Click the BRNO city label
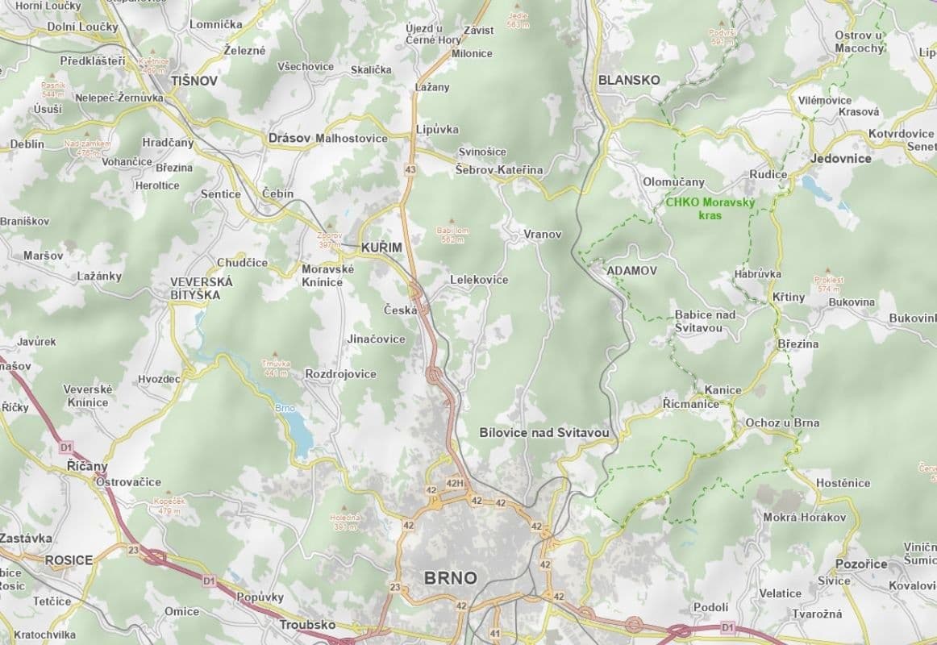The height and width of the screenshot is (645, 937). [x=450, y=577]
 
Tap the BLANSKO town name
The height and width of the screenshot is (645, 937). [x=628, y=80]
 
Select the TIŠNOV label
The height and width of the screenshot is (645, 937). [x=194, y=81]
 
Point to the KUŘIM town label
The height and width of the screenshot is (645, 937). [x=381, y=247]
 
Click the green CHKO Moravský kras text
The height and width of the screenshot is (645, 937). [x=710, y=209]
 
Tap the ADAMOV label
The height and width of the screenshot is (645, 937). [x=631, y=270]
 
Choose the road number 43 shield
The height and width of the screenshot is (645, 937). [x=410, y=169]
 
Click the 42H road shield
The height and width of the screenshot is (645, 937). [x=456, y=483]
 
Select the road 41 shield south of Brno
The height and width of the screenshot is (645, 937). [x=495, y=633]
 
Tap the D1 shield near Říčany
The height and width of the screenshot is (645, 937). [x=67, y=445]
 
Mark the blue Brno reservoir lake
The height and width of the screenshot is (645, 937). [x=300, y=436]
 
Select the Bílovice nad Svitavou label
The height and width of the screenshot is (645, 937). [x=543, y=433]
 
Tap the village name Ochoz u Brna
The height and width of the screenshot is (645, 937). [x=781, y=422]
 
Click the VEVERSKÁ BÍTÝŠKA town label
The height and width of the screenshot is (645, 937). [x=201, y=289]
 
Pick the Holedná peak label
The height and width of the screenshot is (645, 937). [x=344, y=521]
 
